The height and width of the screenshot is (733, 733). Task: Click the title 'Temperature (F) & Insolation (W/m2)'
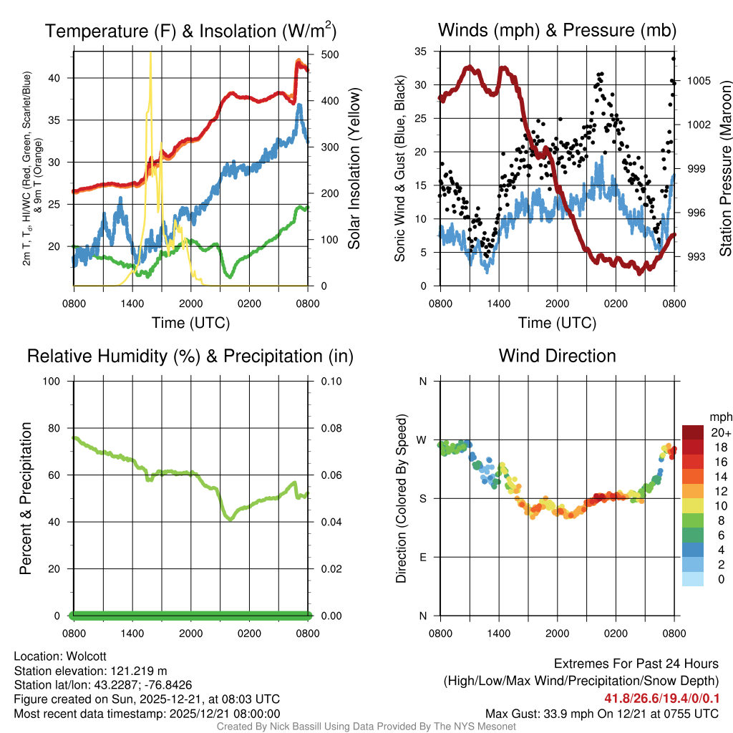coord(190,31)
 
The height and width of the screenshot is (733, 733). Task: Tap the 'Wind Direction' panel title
coord(557,356)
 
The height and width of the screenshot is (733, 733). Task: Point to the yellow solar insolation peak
coord(150,54)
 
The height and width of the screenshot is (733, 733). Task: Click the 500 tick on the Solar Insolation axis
coord(320,54)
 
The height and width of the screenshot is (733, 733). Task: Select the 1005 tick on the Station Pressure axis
coord(699,80)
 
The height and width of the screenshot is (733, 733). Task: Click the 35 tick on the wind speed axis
coord(420,51)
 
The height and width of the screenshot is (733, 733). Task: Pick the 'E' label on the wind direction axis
coord(422,557)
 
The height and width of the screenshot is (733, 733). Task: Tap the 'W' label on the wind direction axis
coord(422,440)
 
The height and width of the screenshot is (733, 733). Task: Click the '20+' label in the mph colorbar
coord(721,432)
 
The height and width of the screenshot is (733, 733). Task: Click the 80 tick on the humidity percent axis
coord(59,427)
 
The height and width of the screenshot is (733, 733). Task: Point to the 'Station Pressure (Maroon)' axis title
coord(725,168)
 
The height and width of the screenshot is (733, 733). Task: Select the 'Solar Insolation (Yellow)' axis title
coord(354,168)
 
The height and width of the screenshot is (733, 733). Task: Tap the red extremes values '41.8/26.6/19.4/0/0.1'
coord(661,699)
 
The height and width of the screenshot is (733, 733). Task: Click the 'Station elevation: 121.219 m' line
coord(90,671)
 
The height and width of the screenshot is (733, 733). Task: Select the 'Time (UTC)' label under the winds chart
coord(557,323)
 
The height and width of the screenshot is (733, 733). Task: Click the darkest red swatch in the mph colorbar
coord(692,432)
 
